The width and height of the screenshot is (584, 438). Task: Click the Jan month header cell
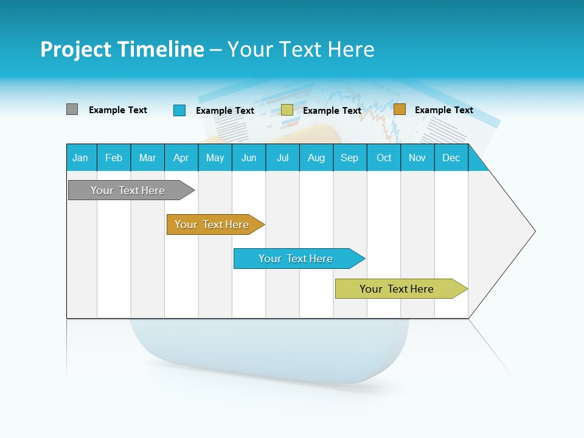(x=81, y=158)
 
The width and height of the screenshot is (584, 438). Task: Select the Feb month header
(x=114, y=158)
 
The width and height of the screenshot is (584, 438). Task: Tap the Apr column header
(x=181, y=158)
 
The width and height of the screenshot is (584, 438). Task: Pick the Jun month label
(x=249, y=158)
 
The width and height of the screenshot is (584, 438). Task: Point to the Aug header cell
(x=316, y=158)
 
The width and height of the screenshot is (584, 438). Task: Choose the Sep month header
(x=350, y=158)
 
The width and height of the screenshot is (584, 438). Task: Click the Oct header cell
(x=384, y=158)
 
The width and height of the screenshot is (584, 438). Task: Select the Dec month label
(x=451, y=158)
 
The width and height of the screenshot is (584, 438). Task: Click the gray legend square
(x=72, y=109)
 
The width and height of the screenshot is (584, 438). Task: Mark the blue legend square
(x=179, y=110)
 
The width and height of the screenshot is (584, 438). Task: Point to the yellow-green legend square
(x=287, y=110)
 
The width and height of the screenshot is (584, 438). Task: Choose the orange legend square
(x=400, y=109)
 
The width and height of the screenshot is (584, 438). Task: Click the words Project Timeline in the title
(x=122, y=49)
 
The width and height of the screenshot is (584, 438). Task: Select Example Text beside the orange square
(x=443, y=110)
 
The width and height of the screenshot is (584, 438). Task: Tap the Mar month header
(x=147, y=158)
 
